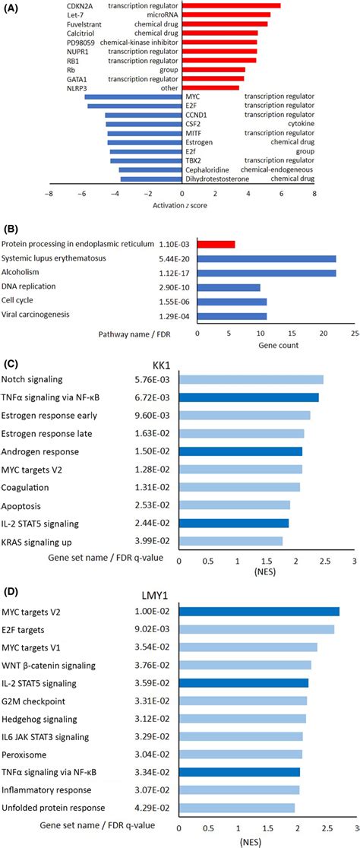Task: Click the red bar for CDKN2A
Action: (232, 6)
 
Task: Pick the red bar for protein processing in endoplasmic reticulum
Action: (216, 244)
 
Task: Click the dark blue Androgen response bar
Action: (240, 451)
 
